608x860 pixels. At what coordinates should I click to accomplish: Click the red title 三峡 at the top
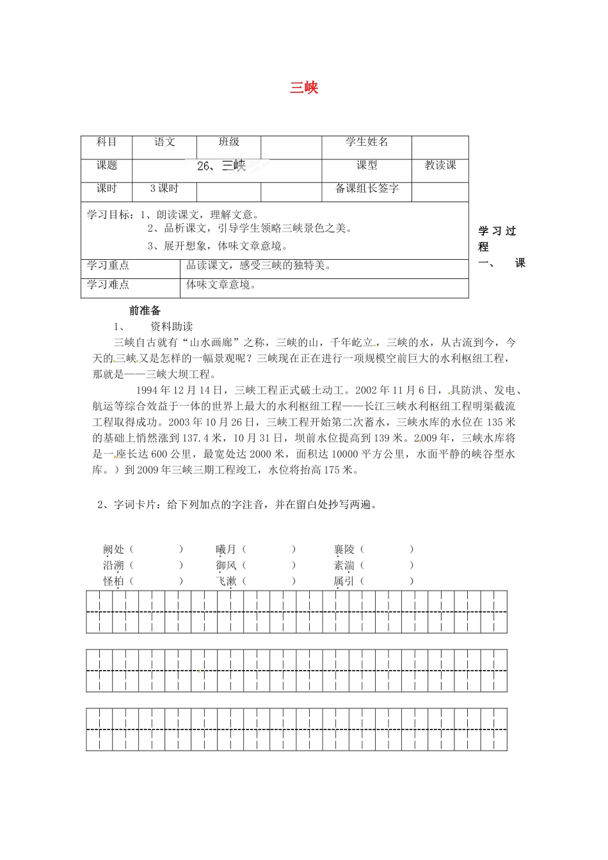click(304, 88)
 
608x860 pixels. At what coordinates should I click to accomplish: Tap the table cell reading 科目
click(107, 143)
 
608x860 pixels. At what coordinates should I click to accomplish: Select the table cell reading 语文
click(164, 143)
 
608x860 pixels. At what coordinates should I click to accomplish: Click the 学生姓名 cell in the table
click(367, 143)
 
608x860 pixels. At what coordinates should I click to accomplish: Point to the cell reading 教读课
click(440, 166)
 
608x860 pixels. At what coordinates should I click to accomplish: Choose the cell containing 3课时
click(164, 189)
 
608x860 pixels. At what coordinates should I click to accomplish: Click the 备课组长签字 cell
click(367, 189)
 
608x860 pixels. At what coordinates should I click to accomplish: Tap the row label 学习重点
click(108, 266)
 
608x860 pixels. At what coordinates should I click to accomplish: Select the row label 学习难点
click(108, 285)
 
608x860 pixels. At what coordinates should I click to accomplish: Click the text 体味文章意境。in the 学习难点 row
click(221, 285)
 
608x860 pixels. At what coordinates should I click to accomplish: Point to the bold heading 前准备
click(145, 311)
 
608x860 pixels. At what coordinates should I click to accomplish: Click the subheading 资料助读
click(172, 327)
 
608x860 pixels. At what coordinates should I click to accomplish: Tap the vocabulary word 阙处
click(113, 550)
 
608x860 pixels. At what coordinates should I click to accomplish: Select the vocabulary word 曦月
click(226, 550)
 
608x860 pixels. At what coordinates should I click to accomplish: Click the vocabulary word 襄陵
click(344, 550)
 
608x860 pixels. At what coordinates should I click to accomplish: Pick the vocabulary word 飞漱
click(226, 582)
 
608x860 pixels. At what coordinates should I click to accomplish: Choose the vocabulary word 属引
click(344, 582)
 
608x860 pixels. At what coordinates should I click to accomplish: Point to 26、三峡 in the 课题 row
click(221, 166)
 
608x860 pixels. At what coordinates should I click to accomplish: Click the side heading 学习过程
click(497, 238)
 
